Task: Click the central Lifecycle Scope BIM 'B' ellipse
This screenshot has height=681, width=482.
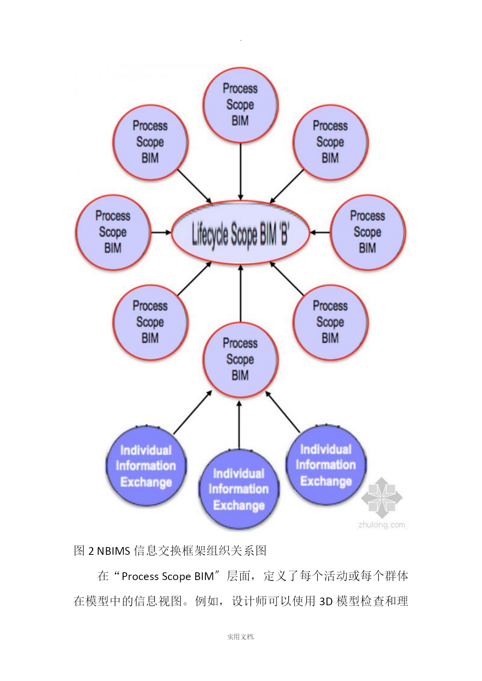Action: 240,233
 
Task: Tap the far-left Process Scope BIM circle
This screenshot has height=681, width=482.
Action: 113,233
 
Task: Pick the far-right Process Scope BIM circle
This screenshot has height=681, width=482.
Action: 367,233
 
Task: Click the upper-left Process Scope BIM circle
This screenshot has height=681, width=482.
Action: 150,142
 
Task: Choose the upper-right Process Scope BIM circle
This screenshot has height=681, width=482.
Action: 331,142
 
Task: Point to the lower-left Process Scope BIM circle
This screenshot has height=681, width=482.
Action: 150,323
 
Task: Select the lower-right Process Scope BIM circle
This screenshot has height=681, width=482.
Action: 331,323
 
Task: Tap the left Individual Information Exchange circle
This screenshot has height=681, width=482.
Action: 146,466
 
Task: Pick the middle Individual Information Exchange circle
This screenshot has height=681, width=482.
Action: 239,489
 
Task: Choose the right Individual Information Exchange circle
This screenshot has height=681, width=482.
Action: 326,465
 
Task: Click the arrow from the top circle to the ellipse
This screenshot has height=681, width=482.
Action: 241,172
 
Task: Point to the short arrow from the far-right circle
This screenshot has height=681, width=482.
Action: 320,233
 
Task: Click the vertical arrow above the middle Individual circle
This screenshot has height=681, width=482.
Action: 239,425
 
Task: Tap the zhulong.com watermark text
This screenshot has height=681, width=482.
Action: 382,525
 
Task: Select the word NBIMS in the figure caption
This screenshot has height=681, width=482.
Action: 113,551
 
